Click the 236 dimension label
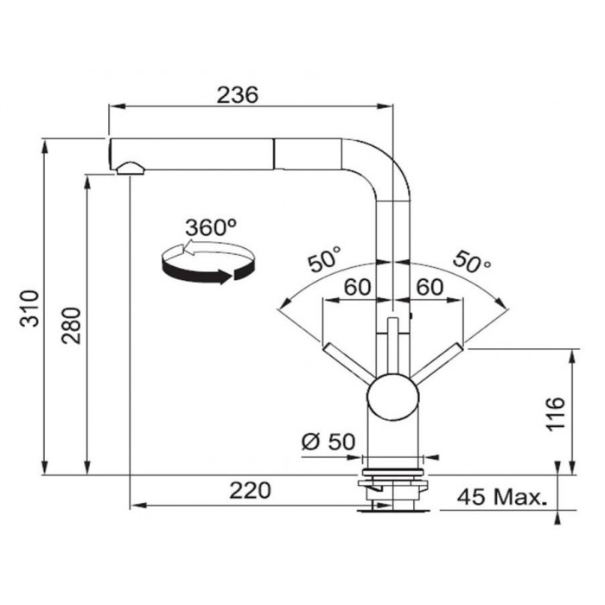(237, 95)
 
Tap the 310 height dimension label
(29, 309)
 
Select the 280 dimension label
(72, 326)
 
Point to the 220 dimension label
(250, 490)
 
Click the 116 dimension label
(556, 412)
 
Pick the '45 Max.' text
(502, 497)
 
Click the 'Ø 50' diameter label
(328, 442)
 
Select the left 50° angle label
(324, 258)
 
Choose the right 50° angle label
(472, 261)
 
